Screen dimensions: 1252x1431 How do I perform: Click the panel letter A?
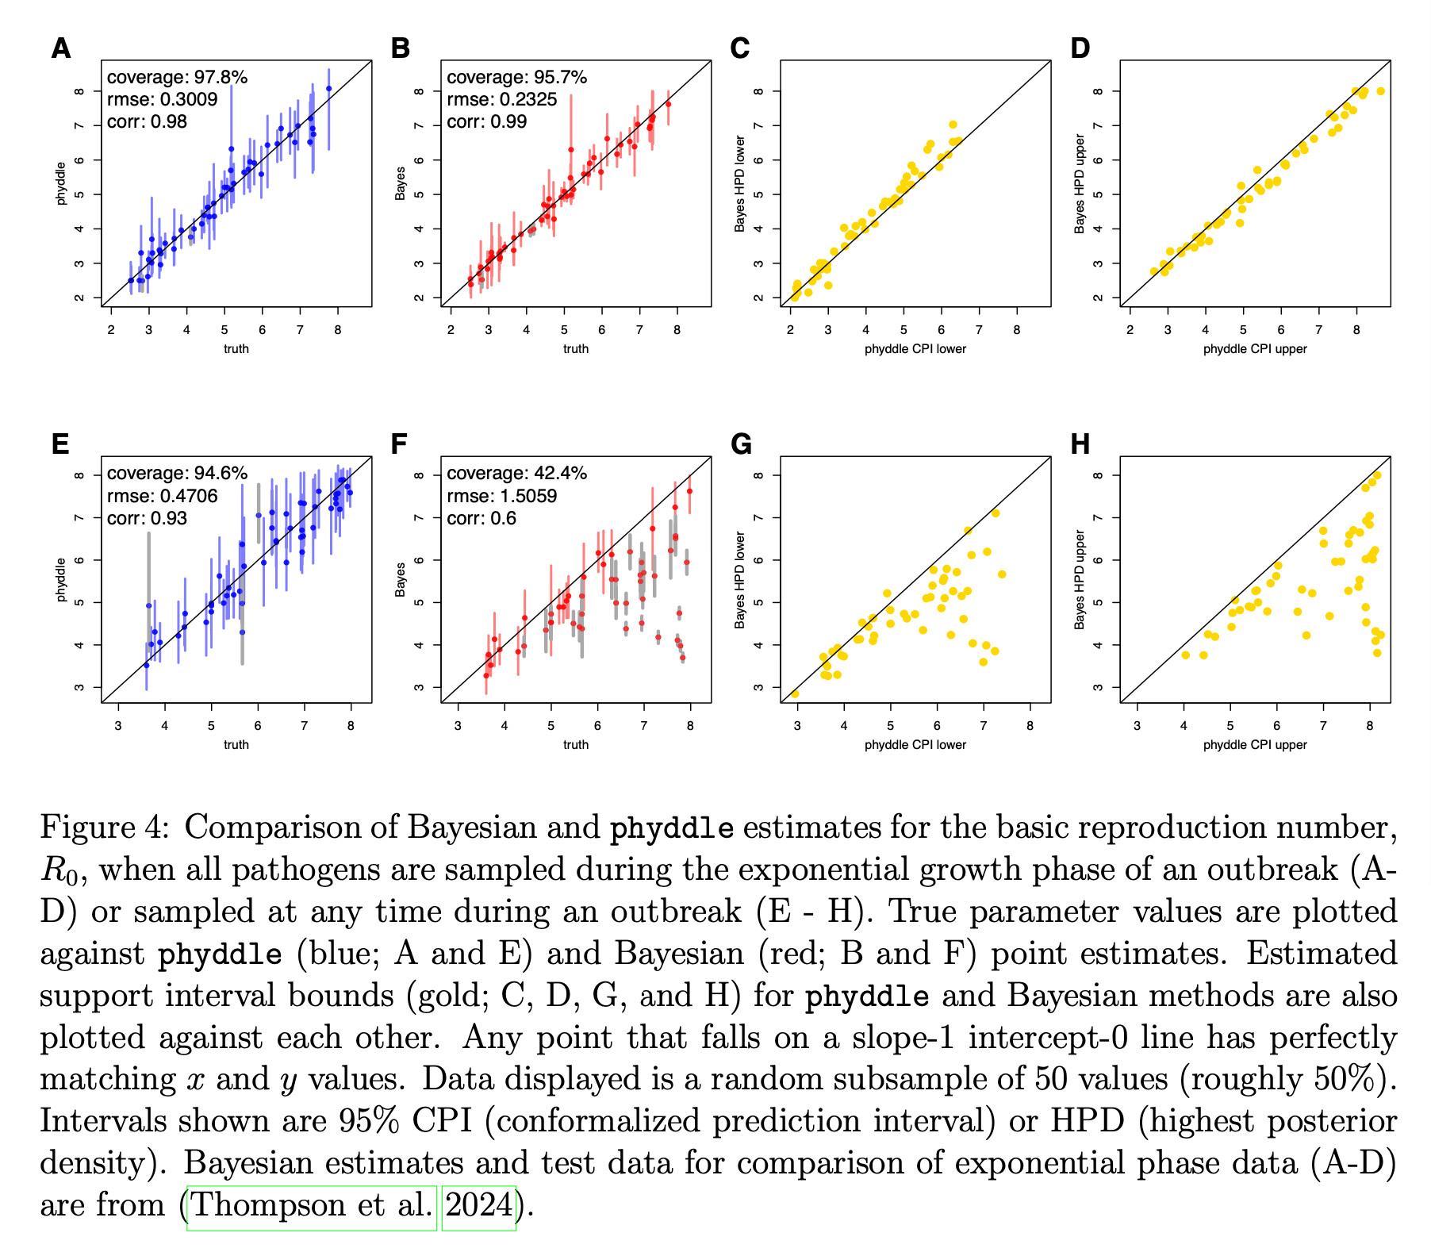(x=61, y=49)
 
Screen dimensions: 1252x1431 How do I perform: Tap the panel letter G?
(x=741, y=444)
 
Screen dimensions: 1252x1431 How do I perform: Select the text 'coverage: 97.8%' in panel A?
(x=177, y=78)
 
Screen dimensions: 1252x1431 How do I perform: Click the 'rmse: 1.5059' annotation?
(x=501, y=496)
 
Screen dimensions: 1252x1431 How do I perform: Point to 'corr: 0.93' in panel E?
(x=147, y=518)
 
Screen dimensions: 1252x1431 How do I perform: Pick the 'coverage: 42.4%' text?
(x=516, y=474)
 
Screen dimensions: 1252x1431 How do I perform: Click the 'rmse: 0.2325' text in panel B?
(x=501, y=100)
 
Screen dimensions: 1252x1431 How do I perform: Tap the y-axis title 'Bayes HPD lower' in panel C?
(x=740, y=183)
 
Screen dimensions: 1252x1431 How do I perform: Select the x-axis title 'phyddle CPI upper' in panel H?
(x=1255, y=744)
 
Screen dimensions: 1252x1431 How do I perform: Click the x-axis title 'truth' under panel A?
(x=236, y=348)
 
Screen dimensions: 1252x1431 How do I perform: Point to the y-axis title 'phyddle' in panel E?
(x=61, y=580)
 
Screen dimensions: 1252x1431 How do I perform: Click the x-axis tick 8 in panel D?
(x=1356, y=329)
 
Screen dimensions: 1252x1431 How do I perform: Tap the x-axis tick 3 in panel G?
(x=797, y=725)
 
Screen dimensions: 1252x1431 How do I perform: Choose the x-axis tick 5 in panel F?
(x=551, y=725)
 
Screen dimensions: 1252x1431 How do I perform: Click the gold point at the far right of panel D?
(x=1380, y=91)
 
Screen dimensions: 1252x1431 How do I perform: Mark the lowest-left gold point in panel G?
(x=795, y=694)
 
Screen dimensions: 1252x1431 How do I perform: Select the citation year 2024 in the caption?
(x=478, y=1205)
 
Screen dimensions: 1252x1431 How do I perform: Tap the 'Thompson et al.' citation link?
(x=312, y=1205)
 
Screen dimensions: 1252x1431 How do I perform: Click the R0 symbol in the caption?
(x=60, y=871)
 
